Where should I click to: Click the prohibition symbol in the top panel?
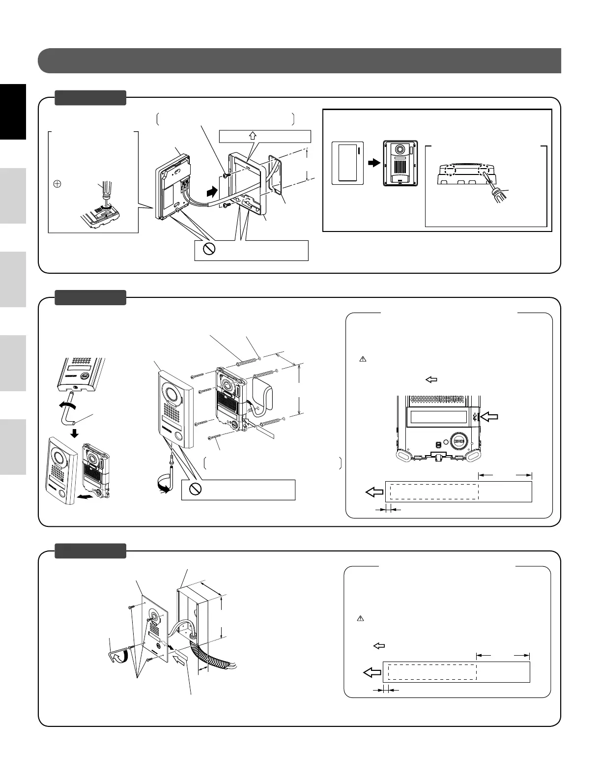click(x=209, y=249)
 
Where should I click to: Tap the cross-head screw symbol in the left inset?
click(x=57, y=184)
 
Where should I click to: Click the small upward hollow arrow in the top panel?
click(x=253, y=136)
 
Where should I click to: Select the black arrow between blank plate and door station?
click(x=374, y=162)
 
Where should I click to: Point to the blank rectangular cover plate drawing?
click(x=347, y=163)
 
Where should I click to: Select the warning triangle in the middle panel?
click(x=363, y=359)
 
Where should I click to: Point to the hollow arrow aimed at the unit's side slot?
click(x=488, y=417)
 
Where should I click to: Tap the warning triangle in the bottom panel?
click(x=360, y=618)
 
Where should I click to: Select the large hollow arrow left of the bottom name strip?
click(x=372, y=672)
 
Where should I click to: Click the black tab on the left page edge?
click(x=13, y=112)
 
